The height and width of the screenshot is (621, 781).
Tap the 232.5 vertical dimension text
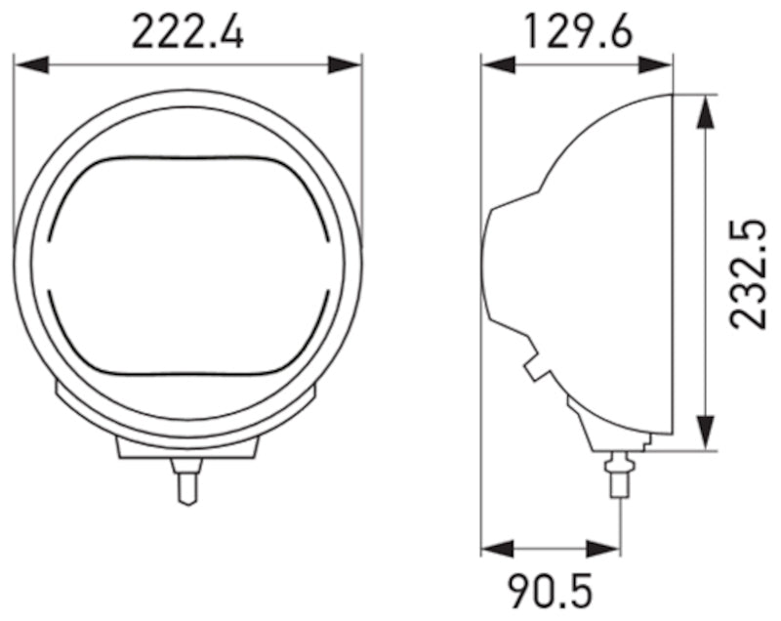coord(749,273)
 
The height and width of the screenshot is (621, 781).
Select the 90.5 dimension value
coord(550,591)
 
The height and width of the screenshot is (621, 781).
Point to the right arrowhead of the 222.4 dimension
coord(346,64)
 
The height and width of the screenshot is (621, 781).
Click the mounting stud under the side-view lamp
coord(618,474)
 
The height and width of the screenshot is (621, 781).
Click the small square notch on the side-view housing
coord(535,369)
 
